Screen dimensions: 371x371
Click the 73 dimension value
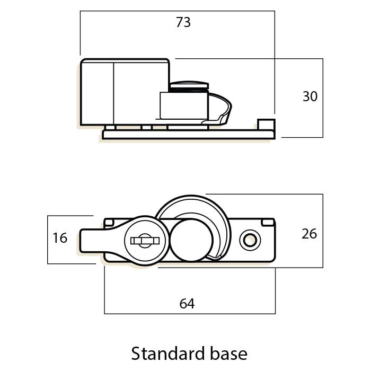pyautogui.click(x=183, y=22)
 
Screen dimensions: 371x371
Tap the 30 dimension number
pyautogui.click(x=310, y=96)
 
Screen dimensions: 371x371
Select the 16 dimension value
pyautogui.click(x=60, y=238)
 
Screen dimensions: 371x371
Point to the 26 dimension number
pyautogui.click(x=309, y=234)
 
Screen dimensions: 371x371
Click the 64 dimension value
pyautogui.click(x=187, y=304)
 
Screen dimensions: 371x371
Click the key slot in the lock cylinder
pyautogui.click(x=145, y=241)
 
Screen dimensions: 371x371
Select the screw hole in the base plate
pyautogui.click(x=250, y=241)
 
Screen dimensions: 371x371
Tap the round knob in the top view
pyautogui.click(x=191, y=241)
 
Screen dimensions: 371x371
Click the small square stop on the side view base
pyautogui.click(x=266, y=125)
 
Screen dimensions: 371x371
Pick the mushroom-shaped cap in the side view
pyautogui.click(x=189, y=85)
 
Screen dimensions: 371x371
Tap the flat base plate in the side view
pyautogui.click(x=189, y=135)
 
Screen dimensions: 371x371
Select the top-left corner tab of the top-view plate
pyautogui.click(x=109, y=223)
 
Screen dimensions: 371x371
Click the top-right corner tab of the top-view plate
pyautogui.click(x=268, y=223)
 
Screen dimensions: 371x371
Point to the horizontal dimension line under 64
pyautogui.click(x=190, y=314)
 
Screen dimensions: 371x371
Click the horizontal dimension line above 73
pyautogui.click(x=178, y=11)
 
